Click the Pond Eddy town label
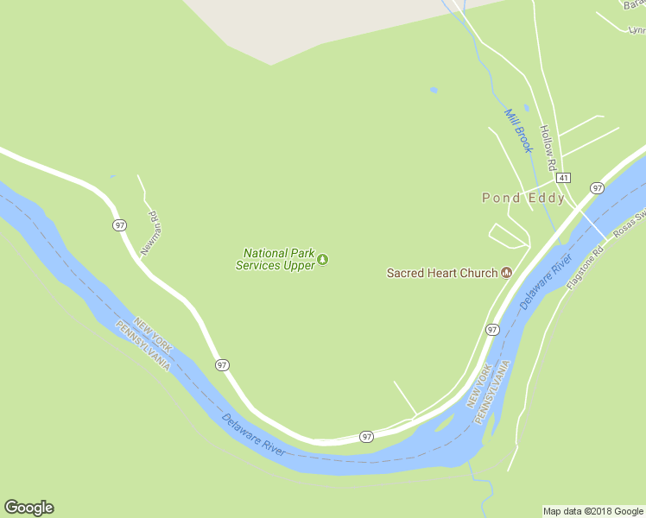click(523, 198)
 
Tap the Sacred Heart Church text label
click(441, 273)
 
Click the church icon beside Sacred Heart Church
click(506, 273)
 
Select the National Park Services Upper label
click(275, 260)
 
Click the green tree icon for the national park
click(323, 259)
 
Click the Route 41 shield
click(563, 177)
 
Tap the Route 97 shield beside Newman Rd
click(119, 224)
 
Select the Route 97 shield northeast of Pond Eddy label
click(597, 187)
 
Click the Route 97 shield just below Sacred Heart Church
click(491, 330)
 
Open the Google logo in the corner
click(28, 508)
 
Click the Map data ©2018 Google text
click(593, 511)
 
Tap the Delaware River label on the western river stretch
click(253, 434)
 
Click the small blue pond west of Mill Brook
click(434, 90)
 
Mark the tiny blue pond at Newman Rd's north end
click(112, 177)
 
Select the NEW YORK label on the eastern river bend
click(478, 386)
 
